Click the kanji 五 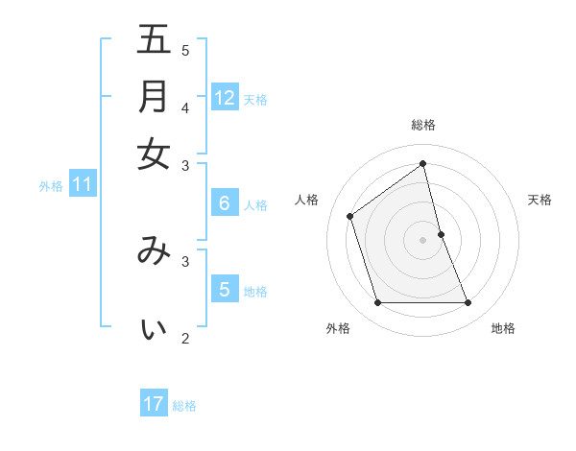coord(154,40)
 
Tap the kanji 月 coord(154,97)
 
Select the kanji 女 coord(154,154)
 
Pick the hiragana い coord(154,329)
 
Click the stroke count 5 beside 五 coord(185,51)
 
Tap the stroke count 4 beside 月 coord(185,107)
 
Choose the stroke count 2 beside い coord(185,338)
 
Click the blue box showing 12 coord(225,97)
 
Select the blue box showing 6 coord(225,202)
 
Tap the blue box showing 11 coord(82,184)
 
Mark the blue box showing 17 coord(154,404)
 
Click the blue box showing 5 coord(225,290)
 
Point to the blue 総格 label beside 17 coord(184,406)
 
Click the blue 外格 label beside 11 coord(51,186)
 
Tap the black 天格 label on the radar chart coord(540,200)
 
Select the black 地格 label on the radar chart coord(503,328)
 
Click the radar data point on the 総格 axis coord(423,164)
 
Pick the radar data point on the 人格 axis coord(350,216)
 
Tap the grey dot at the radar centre coord(423,240)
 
